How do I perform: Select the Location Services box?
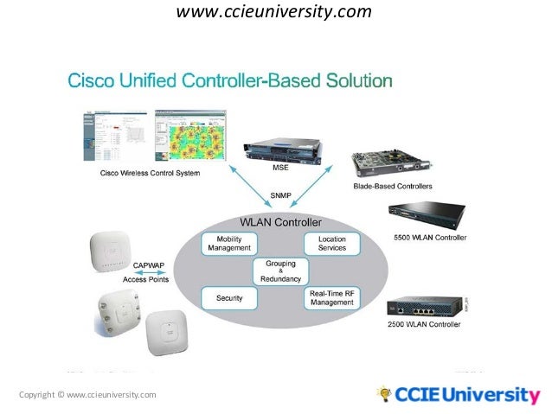(x=332, y=243)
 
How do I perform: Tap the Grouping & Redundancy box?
(x=281, y=271)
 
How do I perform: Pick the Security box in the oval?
(x=229, y=298)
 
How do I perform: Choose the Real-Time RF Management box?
(x=332, y=297)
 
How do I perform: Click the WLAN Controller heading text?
(x=279, y=222)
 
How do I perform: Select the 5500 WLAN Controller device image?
(x=427, y=216)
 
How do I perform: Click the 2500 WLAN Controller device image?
(x=425, y=307)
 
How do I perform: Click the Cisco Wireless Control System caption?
(x=149, y=173)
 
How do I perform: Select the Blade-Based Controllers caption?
(x=393, y=186)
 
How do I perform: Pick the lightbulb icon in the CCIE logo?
(x=383, y=393)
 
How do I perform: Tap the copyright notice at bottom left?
(x=87, y=395)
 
